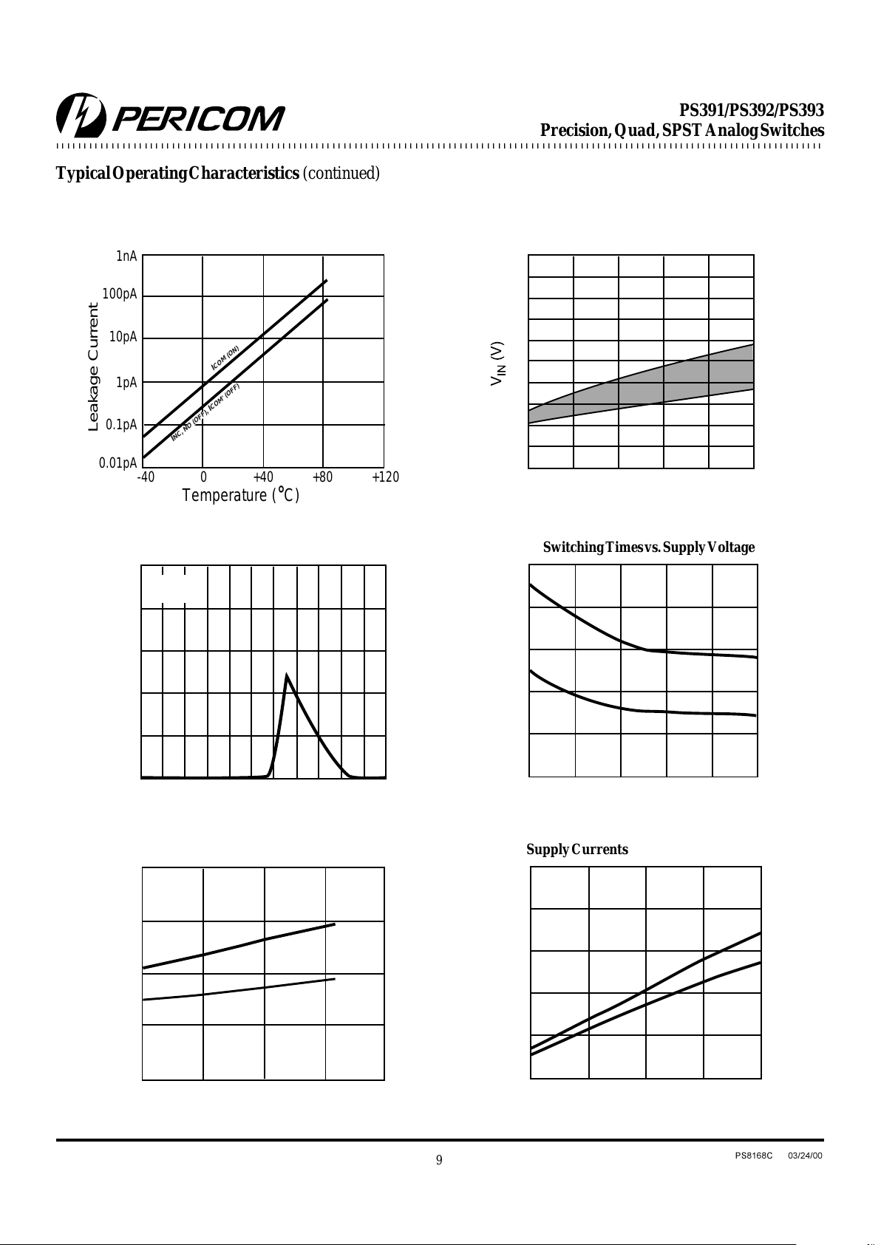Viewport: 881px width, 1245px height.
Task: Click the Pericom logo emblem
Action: [x=81, y=115]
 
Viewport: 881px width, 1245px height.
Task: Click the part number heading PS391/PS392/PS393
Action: [x=752, y=110]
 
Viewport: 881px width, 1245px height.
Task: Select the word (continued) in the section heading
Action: [x=341, y=174]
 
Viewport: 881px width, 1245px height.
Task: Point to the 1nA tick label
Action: [x=126, y=256]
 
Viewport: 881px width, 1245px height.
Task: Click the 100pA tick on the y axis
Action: [x=120, y=294]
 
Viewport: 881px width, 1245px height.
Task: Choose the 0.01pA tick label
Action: [x=118, y=463]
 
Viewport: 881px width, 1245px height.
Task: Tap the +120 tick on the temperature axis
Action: [x=385, y=477]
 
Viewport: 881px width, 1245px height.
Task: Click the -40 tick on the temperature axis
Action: [x=146, y=477]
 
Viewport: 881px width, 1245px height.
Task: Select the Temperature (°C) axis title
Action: [x=241, y=494]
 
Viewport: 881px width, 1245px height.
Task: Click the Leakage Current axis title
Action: [x=93, y=366]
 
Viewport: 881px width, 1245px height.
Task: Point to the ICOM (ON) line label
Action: [x=225, y=358]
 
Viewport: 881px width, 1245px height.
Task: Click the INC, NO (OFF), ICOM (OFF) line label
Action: [x=205, y=412]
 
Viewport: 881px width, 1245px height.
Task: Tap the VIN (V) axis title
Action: [x=498, y=364]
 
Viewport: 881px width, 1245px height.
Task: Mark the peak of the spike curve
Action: [x=287, y=675]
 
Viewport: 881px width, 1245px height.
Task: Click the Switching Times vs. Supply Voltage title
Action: [x=649, y=548]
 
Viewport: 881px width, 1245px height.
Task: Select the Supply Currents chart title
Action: [x=577, y=849]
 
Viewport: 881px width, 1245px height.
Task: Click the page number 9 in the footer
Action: [x=439, y=1160]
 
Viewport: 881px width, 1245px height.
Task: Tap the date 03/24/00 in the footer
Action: [x=805, y=1156]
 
